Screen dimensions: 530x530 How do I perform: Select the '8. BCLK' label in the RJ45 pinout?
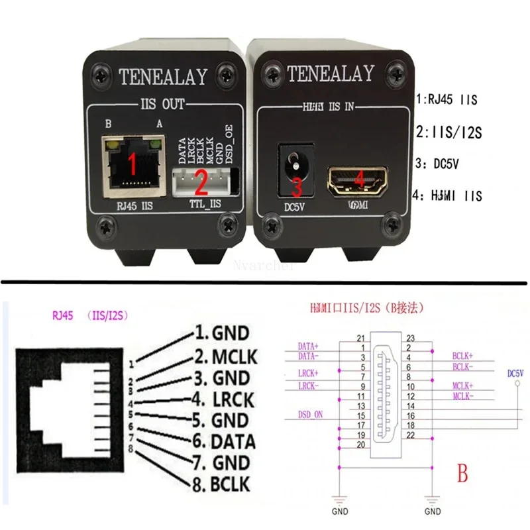coord(221,484)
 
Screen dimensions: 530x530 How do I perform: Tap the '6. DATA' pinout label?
coord(222,441)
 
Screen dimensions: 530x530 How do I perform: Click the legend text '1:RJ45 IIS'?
coord(447,101)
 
